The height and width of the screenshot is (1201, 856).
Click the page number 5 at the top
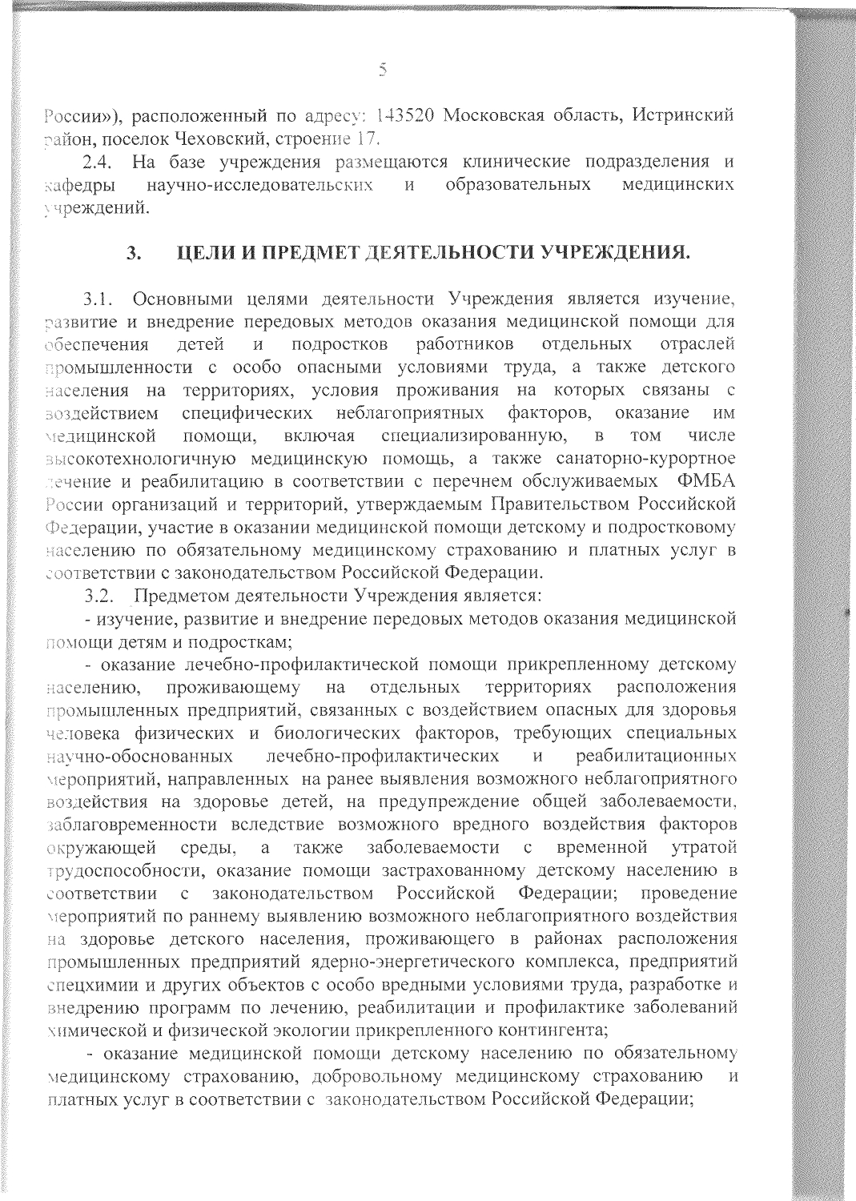pyautogui.click(x=383, y=70)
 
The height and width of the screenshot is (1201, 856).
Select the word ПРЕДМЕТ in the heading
pyautogui.click(x=295, y=255)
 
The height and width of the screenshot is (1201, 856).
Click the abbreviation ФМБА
pyautogui.click(x=706, y=484)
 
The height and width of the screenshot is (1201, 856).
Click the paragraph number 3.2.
pyautogui.click(x=99, y=596)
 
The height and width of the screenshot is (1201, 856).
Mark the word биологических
pyautogui.click(x=328, y=733)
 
